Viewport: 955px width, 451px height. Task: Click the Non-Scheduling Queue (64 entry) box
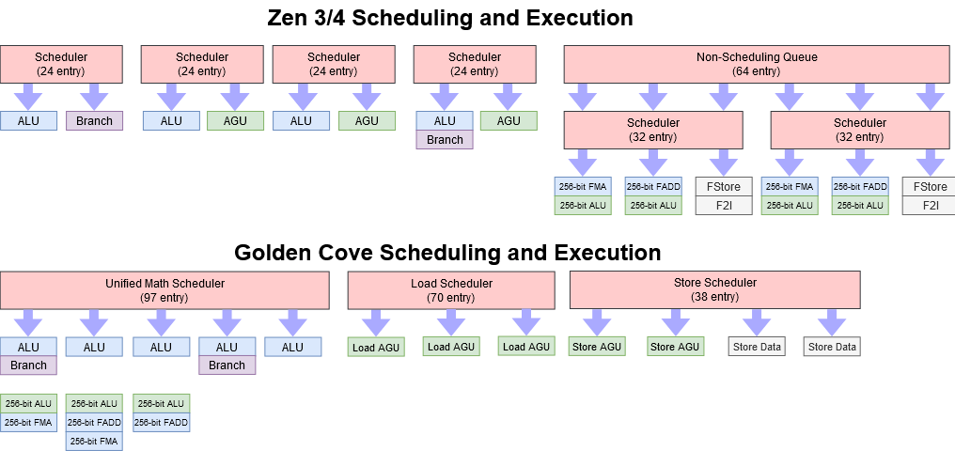(757, 64)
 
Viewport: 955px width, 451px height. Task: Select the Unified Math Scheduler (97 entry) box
(164, 290)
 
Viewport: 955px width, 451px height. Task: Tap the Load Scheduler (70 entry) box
(451, 290)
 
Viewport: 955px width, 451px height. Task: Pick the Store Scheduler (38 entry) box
(715, 289)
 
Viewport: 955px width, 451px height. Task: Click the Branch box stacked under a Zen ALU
(445, 140)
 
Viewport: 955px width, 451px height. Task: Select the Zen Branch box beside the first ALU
(94, 120)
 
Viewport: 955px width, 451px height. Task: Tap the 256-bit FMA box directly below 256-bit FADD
(94, 441)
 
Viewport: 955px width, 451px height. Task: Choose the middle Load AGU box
(451, 347)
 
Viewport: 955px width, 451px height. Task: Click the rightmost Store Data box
(832, 347)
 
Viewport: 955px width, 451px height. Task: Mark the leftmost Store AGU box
(597, 347)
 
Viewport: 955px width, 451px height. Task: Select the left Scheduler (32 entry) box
(653, 130)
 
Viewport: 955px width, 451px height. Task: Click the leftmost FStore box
(724, 186)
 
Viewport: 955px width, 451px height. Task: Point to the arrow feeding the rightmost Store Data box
(832, 322)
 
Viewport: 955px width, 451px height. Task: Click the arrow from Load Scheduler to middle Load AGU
(451, 322)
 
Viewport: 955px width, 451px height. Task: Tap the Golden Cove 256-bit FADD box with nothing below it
(162, 423)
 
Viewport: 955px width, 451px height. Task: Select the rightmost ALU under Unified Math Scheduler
(292, 347)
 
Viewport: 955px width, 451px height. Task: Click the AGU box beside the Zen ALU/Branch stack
(509, 120)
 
